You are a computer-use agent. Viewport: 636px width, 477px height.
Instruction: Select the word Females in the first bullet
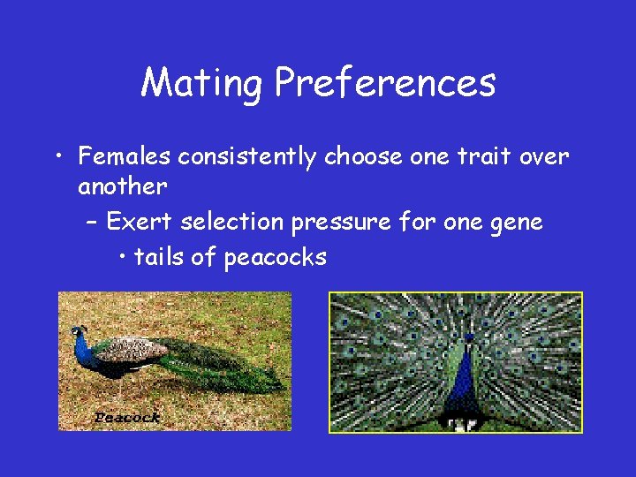[125, 157]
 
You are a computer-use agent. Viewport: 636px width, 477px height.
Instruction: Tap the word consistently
[248, 157]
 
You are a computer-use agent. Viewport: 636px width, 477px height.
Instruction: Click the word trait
[481, 157]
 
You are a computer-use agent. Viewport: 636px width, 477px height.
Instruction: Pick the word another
[122, 186]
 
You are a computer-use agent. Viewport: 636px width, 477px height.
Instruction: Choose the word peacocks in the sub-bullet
[276, 257]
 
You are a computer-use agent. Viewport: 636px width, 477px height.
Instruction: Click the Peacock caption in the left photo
[127, 418]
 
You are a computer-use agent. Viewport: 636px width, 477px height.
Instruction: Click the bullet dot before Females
[57, 158]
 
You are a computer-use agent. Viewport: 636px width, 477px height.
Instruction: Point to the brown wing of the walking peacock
[132, 352]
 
